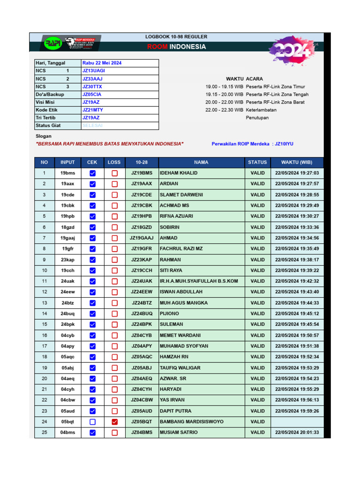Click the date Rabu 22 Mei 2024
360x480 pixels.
pos(102,63)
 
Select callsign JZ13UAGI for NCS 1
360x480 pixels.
pos(93,71)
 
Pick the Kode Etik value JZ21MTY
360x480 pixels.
pos(92,110)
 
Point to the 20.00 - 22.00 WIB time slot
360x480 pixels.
pos(224,102)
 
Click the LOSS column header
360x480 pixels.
pos(114,162)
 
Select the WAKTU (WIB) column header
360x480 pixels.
pos(297,162)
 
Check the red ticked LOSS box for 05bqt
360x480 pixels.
pos(114,422)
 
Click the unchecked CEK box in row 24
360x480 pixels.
pos(92,422)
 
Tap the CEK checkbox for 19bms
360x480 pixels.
pos(92,173)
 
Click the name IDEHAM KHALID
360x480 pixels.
pos(179,173)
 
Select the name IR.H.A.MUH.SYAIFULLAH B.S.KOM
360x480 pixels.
pos(199,281)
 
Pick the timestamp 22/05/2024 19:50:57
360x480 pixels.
pos(297,335)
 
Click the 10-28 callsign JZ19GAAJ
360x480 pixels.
pos(142,238)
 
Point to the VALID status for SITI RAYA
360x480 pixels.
pos(257,270)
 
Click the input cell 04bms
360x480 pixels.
pos(67,433)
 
